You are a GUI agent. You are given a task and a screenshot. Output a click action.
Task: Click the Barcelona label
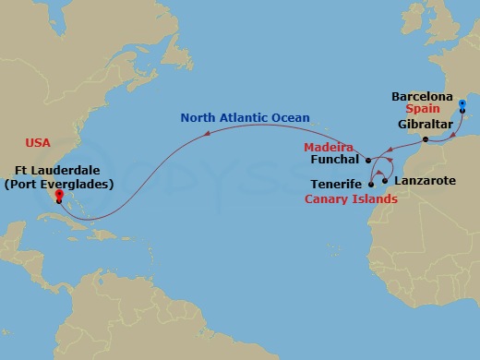[422, 96]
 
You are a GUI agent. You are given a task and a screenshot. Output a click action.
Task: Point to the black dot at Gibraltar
[425, 140]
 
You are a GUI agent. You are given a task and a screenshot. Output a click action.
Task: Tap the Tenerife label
[335, 185]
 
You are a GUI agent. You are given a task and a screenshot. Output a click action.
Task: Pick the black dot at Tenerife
[370, 185]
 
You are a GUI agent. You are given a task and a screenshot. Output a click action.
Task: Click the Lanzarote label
[425, 180]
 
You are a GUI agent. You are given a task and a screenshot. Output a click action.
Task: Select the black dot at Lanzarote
[384, 180]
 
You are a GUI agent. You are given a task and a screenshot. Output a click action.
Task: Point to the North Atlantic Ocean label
[245, 118]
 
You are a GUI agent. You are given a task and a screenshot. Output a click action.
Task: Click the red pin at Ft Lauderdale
[58, 195]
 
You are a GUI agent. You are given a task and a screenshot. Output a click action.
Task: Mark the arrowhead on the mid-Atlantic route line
[206, 133]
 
